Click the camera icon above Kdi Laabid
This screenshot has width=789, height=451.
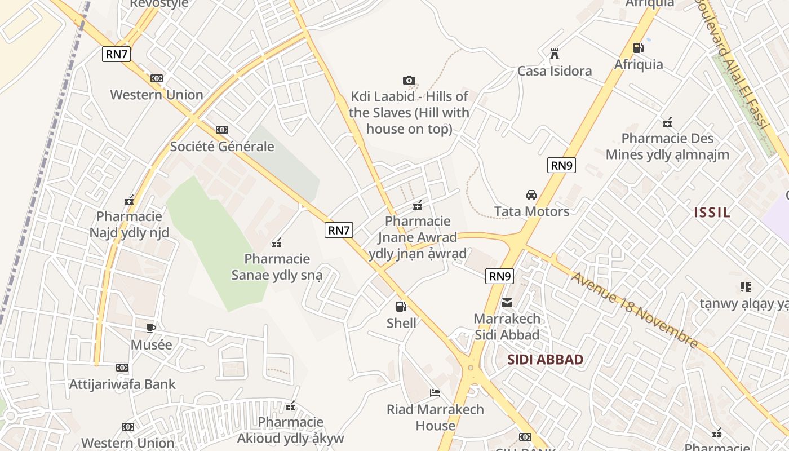(409, 81)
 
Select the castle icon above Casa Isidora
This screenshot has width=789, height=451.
(555, 54)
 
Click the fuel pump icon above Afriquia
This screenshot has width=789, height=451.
(638, 48)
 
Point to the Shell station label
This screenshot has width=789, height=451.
(401, 323)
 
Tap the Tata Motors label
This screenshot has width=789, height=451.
(531, 211)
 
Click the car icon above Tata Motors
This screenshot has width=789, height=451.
(531, 195)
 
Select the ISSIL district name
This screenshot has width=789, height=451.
(712, 213)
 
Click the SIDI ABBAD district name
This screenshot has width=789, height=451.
(545, 360)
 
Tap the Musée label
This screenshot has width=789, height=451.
(151, 344)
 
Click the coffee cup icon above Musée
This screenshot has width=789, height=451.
(150, 328)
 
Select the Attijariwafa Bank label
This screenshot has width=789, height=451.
(122, 384)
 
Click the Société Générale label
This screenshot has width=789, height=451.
(222, 147)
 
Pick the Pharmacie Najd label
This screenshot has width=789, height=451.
(129, 224)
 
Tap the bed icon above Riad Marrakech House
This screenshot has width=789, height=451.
(435, 393)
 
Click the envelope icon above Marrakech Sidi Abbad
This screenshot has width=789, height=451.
(507, 303)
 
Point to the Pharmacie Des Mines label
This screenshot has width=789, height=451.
(667, 146)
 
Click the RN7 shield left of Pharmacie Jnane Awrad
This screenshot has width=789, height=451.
(339, 230)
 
